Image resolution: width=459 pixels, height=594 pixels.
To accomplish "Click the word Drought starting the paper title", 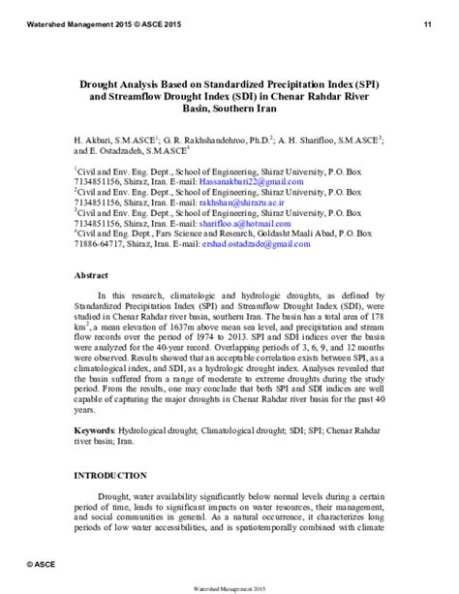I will coord(98,84).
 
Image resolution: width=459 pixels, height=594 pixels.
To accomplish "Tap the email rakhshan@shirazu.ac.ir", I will coord(253,202).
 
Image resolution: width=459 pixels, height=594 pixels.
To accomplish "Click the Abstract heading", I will coord(92,275).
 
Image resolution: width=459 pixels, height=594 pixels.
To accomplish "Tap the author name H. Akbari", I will coord(95,141).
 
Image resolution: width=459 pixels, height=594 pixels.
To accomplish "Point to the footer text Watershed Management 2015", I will coord(229,584).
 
